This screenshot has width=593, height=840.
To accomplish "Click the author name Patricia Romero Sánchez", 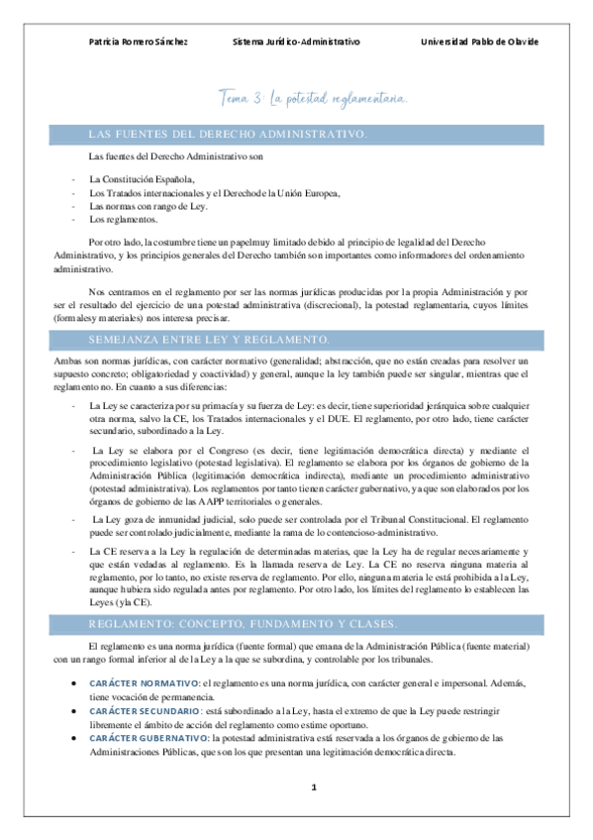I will coord(138,42).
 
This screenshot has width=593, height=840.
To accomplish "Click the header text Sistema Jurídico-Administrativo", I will coord(296,42).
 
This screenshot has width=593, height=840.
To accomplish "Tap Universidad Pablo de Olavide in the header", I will coord(479,42).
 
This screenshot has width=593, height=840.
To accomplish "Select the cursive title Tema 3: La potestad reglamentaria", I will coord(312,97).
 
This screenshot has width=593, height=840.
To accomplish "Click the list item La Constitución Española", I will coord(142,178).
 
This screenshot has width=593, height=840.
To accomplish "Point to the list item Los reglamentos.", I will coord(123,220).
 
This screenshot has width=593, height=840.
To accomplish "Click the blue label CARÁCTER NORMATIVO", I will coord(144,683).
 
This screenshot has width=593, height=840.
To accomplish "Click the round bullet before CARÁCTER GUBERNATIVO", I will coord(75,738).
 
